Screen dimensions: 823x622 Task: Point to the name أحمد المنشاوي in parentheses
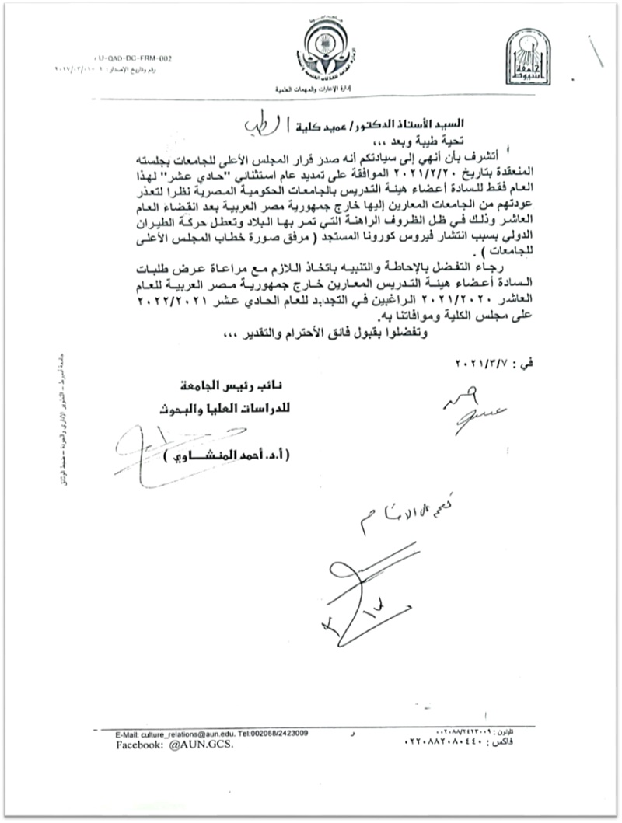pyautogui.click(x=233, y=459)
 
